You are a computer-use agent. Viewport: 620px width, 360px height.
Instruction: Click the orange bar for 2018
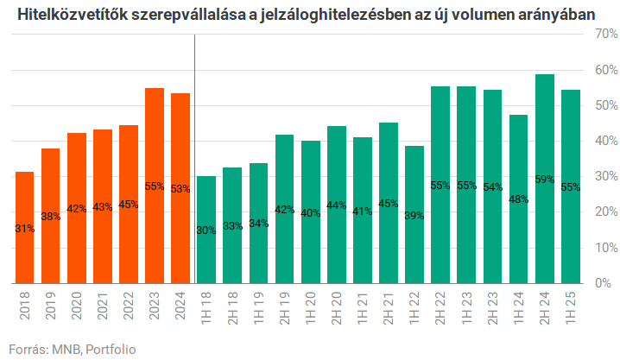click(25, 227)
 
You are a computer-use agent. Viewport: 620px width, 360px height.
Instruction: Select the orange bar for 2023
click(155, 186)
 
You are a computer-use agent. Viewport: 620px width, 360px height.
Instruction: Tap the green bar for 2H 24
click(545, 179)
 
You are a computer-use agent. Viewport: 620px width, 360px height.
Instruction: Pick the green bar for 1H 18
click(206, 230)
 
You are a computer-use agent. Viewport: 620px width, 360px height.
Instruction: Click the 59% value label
click(545, 180)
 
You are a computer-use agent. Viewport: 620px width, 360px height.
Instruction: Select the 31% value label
click(25, 228)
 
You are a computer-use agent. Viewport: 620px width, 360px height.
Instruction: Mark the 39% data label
click(414, 215)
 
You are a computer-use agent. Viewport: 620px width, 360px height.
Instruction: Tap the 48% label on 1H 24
click(519, 199)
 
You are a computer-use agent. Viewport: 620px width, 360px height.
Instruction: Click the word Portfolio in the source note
click(111, 349)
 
